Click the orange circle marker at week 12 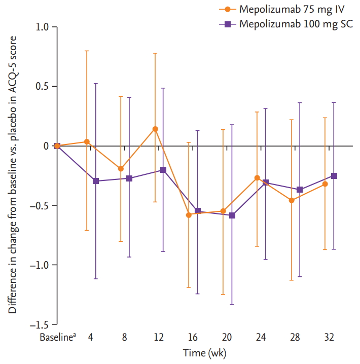click(155, 129)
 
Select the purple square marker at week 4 click(95, 181)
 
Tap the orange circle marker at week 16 click(189, 215)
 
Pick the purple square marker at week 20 click(232, 215)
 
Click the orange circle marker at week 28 click(291, 200)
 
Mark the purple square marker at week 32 click(334, 176)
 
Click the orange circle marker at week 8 click(121, 168)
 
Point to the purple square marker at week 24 click(266, 183)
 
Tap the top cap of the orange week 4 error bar click(87, 51)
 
